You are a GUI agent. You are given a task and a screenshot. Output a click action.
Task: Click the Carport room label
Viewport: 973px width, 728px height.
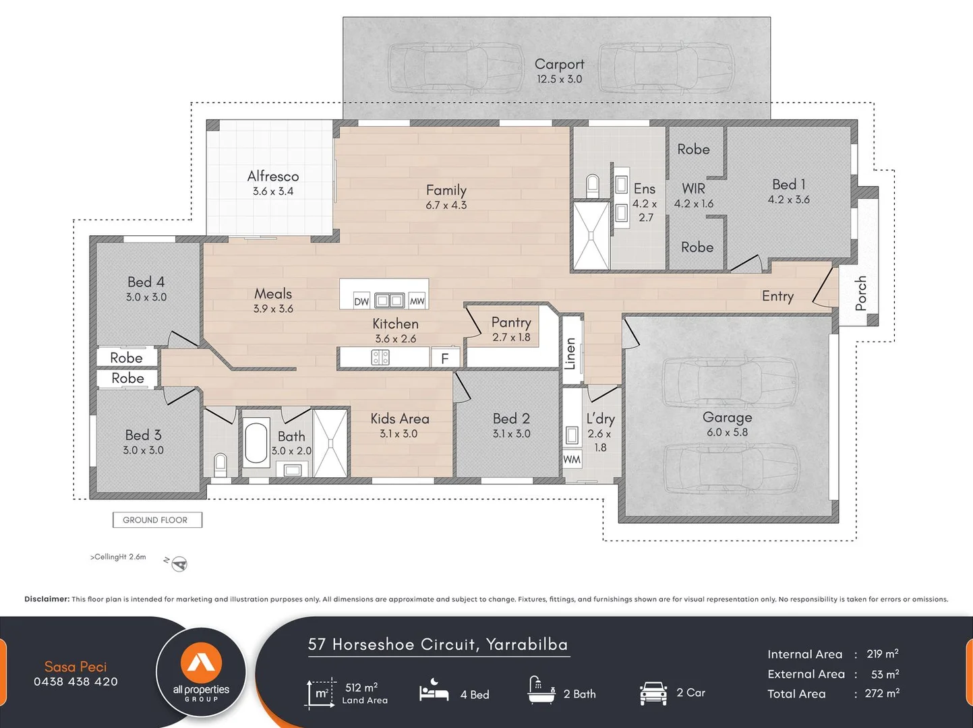[x=560, y=64]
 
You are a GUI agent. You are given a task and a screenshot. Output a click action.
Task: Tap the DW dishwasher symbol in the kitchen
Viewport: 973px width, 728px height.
[x=361, y=301]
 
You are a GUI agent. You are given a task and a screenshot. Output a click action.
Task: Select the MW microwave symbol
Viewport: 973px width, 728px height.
[x=417, y=301]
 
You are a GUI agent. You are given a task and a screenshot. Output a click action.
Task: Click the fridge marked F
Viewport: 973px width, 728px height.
[x=445, y=358]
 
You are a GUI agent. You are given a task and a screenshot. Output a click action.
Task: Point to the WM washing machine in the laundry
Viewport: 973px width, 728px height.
[x=572, y=460]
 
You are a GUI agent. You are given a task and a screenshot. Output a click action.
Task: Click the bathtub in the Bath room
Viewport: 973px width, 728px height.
[x=256, y=443]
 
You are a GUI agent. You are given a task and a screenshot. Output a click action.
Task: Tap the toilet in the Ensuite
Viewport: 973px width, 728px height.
[x=593, y=185]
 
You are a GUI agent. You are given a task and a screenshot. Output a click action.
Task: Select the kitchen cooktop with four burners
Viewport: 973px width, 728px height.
[x=380, y=357]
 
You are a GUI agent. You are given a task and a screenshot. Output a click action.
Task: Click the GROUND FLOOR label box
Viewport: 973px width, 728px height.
[x=157, y=520]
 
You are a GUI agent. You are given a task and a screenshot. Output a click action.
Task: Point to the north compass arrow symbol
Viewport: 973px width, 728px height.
[x=179, y=564]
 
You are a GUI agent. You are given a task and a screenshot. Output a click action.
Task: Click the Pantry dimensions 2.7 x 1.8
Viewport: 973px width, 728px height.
[x=511, y=337]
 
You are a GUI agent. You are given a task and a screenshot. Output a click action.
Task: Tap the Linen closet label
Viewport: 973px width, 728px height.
[x=570, y=354]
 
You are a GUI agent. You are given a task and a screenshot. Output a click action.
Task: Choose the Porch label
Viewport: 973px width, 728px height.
[x=860, y=293]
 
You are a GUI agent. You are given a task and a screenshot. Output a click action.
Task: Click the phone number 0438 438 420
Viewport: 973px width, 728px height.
[x=76, y=681]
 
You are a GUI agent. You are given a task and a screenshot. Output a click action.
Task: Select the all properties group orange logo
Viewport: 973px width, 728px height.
[x=201, y=663]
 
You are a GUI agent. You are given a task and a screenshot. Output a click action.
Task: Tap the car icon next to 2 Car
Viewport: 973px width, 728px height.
[x=653, y=694]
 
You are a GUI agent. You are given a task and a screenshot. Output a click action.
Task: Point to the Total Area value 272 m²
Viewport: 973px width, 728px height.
[x=882, y=693]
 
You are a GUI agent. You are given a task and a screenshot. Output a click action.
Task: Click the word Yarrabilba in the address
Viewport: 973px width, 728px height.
[x=527, y=644]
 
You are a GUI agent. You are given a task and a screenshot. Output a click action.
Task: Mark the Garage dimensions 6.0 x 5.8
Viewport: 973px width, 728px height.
[x=727, y=432]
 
